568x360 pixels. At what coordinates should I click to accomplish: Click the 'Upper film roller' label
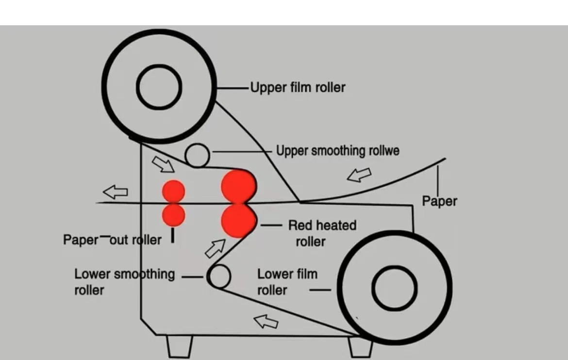point(298,88)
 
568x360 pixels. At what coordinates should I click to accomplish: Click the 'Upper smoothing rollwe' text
point(337,151)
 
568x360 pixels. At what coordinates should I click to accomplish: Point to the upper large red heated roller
point(238,186)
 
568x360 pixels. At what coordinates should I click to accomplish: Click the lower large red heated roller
point(238,221)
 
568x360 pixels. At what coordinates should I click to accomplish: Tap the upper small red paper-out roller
point(173,191)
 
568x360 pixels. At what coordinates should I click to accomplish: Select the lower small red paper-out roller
point(173,215)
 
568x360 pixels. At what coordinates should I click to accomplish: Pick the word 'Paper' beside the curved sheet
point(439,201)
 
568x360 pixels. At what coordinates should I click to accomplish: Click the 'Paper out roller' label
point(112,240)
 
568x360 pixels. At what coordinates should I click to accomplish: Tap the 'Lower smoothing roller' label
point(124,281)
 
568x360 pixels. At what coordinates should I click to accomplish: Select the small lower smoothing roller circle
point(219,276)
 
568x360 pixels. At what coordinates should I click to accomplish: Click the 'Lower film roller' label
point(287,281)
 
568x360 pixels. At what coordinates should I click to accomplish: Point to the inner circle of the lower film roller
point(394,288)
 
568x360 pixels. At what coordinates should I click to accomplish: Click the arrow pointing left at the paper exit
point(116,192)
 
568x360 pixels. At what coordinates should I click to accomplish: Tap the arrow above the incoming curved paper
point(359,175)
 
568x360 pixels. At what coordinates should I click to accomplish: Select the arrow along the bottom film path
point(267,321)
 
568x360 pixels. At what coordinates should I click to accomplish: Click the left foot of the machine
point(179,346)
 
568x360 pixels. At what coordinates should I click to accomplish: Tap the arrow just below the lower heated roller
point(215,248)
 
